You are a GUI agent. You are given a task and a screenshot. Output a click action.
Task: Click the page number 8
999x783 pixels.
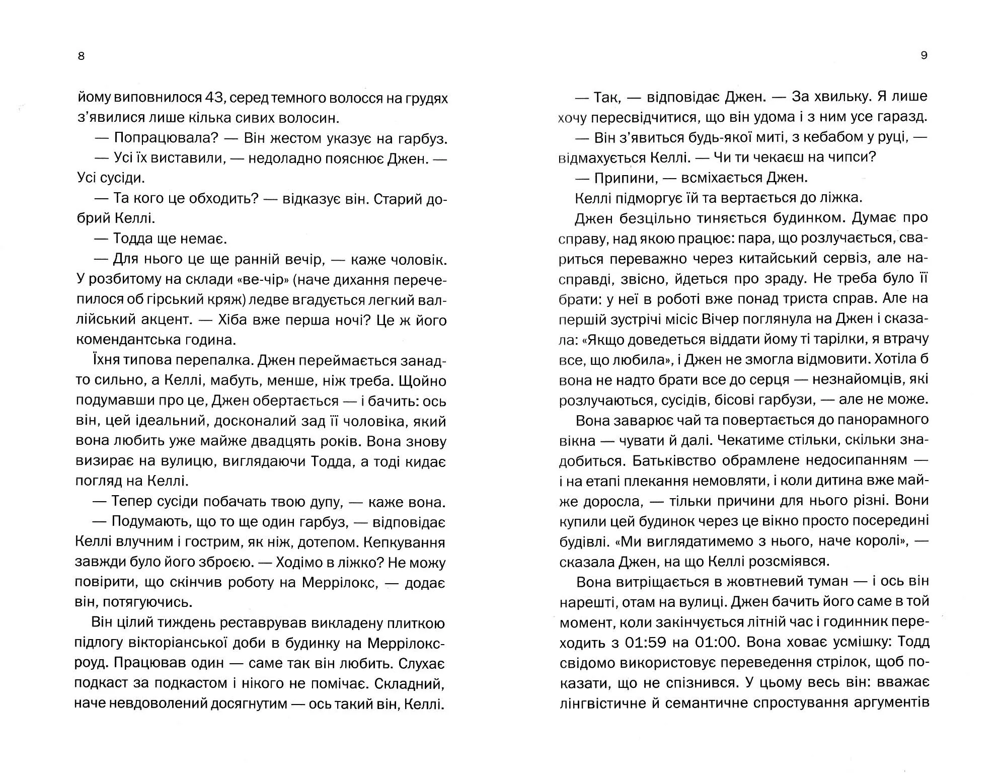[82, 56]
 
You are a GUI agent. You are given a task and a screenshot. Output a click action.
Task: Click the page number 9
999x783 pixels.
[924, 55]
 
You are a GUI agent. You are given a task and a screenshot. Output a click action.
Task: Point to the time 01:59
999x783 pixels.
[650, 643]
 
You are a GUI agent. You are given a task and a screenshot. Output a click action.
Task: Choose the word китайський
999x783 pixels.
[781, 259]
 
